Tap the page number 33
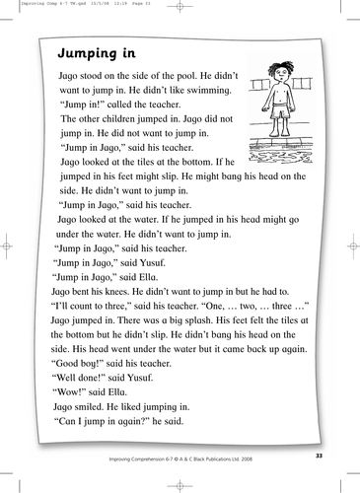click(x=317, y=457)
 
